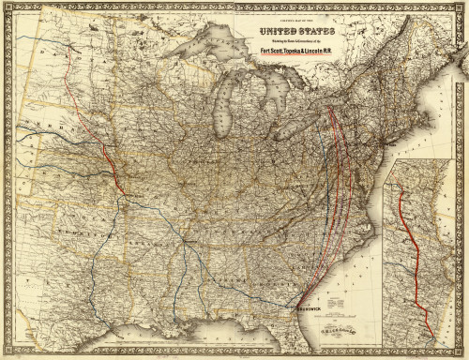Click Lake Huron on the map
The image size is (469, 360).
272,89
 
